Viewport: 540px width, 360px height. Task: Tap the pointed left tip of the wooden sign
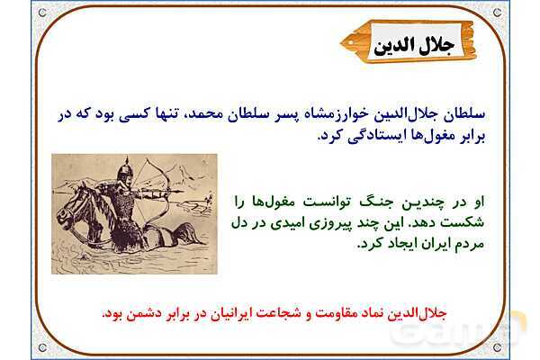pos(345,41)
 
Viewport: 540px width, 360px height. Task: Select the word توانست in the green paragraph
pos(320,201)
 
